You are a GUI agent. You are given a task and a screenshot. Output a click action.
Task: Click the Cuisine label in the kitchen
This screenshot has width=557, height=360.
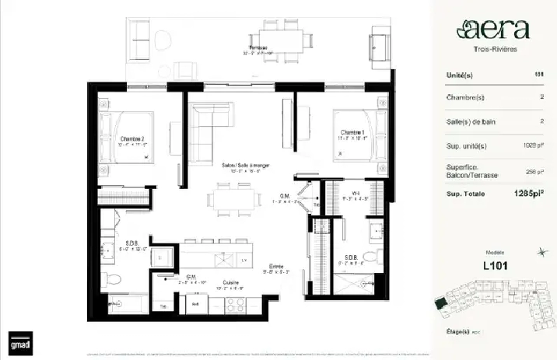[x=230, y=283]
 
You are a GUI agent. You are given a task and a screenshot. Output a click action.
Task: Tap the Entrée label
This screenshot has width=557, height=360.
[x=275, y=267]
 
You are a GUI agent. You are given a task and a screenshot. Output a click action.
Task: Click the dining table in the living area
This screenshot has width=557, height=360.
[x=234, y=199]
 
